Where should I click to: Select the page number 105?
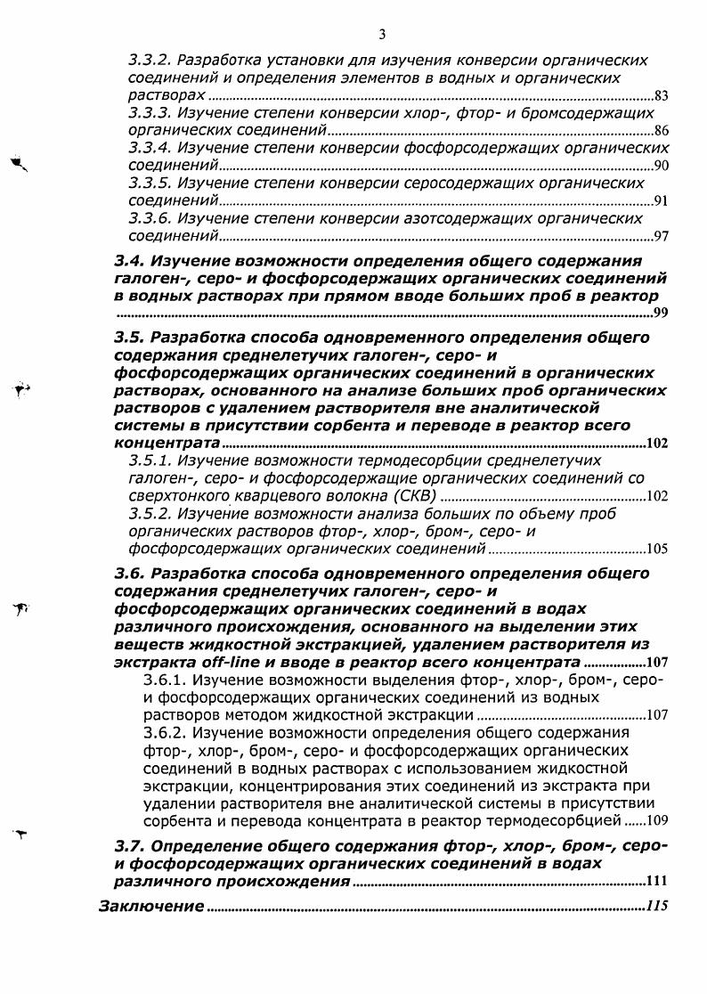657,549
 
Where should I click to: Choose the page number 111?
656,882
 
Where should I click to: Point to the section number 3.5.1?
149,460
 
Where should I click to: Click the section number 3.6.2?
163,732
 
